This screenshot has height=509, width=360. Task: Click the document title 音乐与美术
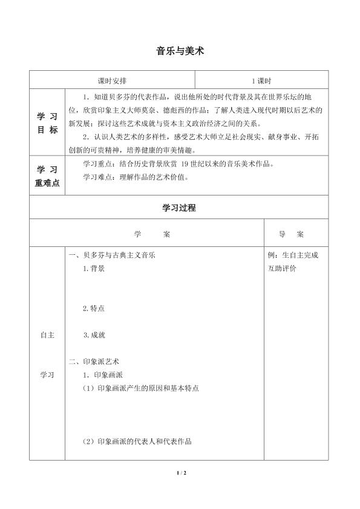click(x=180, y=51)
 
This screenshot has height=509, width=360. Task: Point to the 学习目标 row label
click(x=47, y=123)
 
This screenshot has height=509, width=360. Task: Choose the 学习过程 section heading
click(x=179, y=208)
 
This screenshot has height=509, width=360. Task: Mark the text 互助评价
click(x=282, y=269)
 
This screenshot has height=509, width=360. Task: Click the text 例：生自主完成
click(x=293, y=255)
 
